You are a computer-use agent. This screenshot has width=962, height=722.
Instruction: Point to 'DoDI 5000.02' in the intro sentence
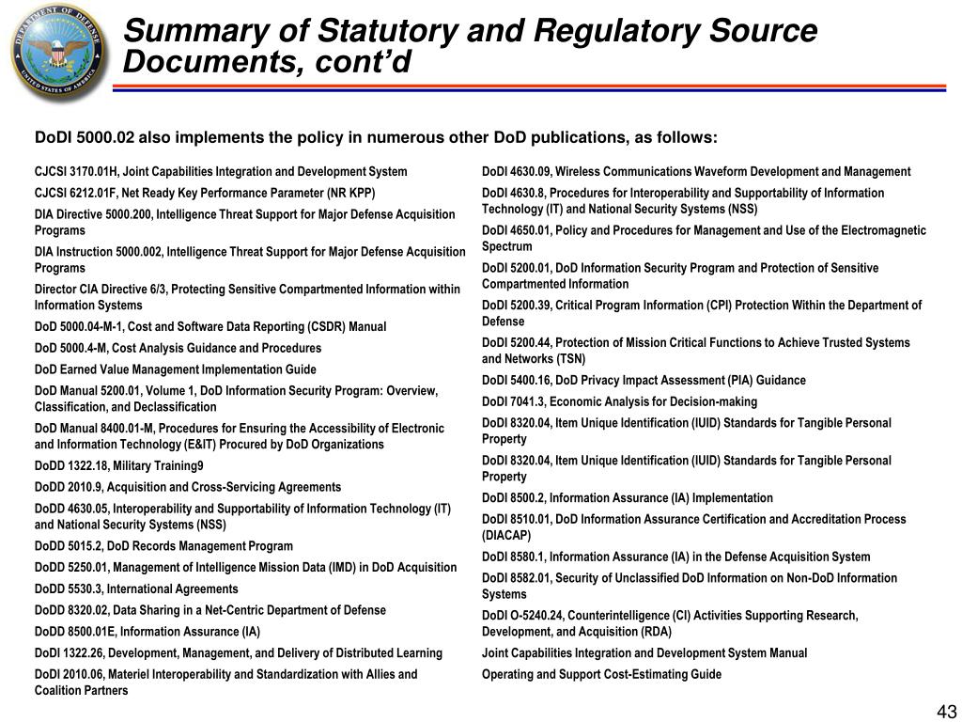pyautogui.click(x=85, y=138)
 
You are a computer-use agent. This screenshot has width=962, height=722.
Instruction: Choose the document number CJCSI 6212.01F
pyautogui.click(x=73, y=194)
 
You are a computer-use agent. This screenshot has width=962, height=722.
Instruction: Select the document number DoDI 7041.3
pyautogui.click(x=514, y=402)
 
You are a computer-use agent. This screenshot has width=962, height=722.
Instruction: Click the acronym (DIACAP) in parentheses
pyautogui.click(x=506, y=536)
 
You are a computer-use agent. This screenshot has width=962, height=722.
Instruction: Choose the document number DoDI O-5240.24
pyautogui.click(x=524, y=616)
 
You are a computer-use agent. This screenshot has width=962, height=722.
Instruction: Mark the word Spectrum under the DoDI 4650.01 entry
pyautogui.click(x=507, y=246)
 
